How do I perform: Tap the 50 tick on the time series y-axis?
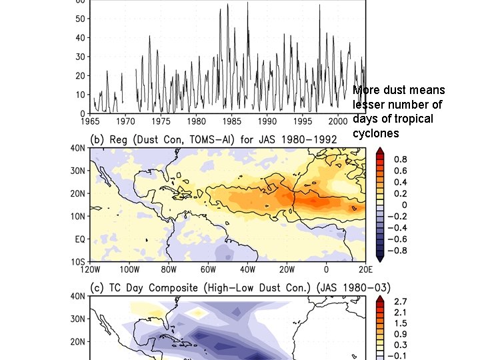79,19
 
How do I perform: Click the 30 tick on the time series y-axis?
79,57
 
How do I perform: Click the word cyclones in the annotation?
376,133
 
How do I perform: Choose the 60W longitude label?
208,270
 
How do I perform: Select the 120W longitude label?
90,270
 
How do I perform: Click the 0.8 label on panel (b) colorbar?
401,159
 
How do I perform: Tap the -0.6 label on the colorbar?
398,239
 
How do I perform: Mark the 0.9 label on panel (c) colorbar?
401,333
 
